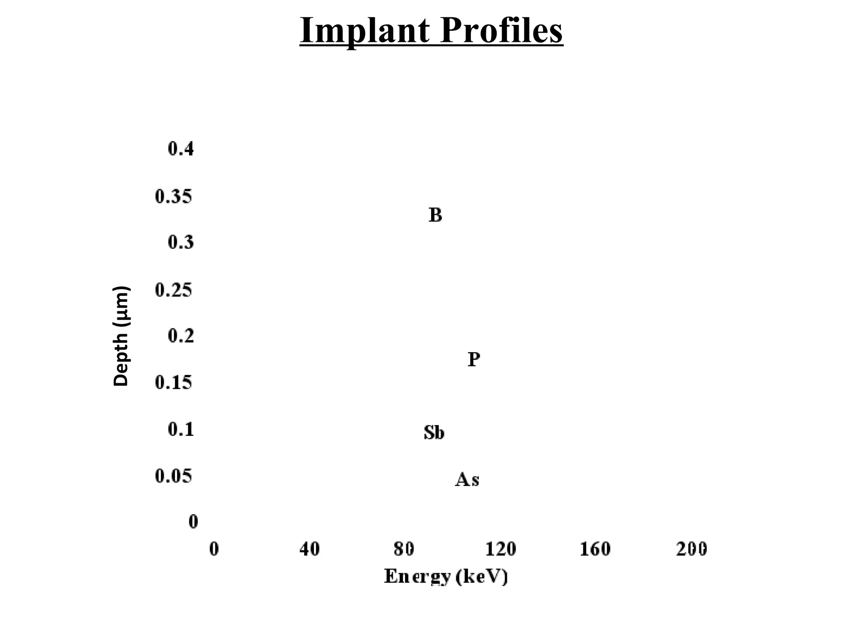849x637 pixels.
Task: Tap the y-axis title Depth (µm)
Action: (121, 336)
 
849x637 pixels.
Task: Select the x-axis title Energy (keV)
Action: (446, 576)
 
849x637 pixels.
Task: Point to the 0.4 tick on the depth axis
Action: (181, 148)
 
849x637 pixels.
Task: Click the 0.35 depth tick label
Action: (174, 197)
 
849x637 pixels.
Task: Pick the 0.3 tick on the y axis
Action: (181, 242)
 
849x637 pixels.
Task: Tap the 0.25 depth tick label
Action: (174, 289)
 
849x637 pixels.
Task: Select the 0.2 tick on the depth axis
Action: (181, 336)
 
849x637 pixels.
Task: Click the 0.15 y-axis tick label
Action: (174, 382)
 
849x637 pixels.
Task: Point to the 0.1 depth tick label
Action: (181, 429)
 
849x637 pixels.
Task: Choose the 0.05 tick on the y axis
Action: (174, 476)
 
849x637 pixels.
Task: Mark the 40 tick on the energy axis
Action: (309, 549)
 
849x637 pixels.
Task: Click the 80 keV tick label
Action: (404, 549)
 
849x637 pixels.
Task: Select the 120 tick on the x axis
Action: (500, 549)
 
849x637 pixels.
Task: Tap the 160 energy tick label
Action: (595, 549)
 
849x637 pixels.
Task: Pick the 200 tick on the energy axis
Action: (691, 549)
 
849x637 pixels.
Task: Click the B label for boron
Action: (435, 215)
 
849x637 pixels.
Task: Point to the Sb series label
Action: (434, 433)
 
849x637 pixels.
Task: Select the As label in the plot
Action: (467, 479)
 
